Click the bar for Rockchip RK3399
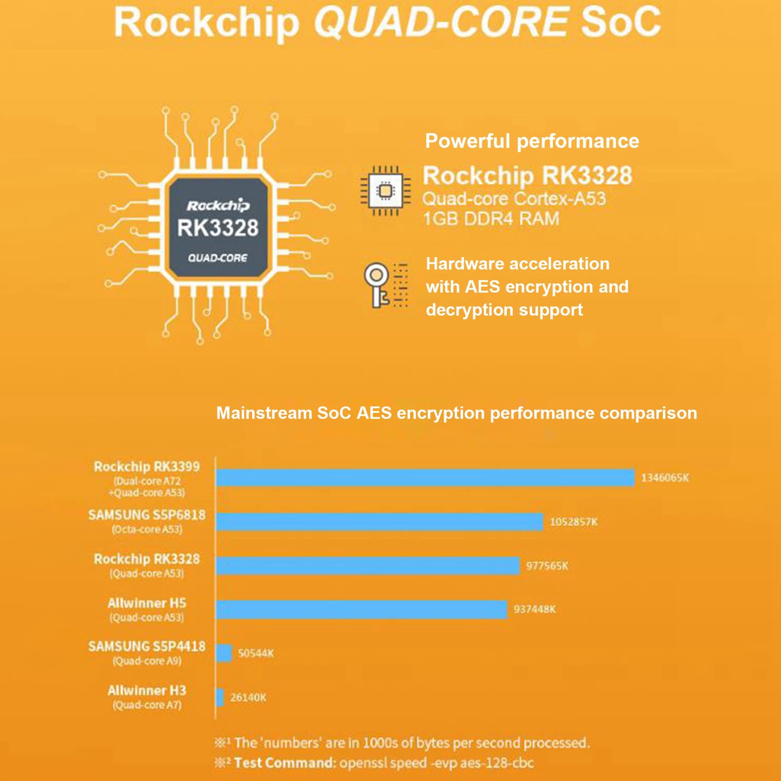tap(425, 478)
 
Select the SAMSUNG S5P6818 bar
tap(379, 522)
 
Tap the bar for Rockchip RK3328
tap(368, 566)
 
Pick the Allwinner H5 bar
tap(361, 609)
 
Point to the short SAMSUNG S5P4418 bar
tap(224, 653)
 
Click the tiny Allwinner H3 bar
tap(220, 697)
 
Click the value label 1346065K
tap(665, 478)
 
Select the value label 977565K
tap(547, 566)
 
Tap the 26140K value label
tap(248, 697)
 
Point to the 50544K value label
tap(255, 653)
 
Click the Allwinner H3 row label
tap(147, 690)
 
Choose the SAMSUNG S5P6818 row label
tap(147, 515)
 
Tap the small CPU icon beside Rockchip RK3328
tap(385, 191)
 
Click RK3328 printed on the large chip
tap(218, 228)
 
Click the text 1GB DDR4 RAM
tap(491, 219)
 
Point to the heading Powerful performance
tap(532, 141)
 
